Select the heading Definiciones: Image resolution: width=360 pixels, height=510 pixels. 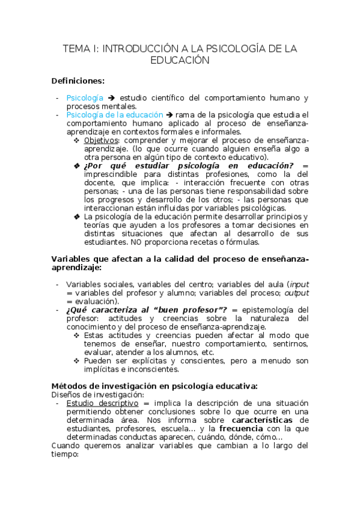point(78,81)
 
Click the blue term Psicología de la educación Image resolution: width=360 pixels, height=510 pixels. point(115,114)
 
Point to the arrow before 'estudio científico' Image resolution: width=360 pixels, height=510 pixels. point(111,97)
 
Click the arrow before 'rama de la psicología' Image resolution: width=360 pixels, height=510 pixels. point(169,114)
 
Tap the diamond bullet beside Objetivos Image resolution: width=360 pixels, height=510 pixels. point(76,140)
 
